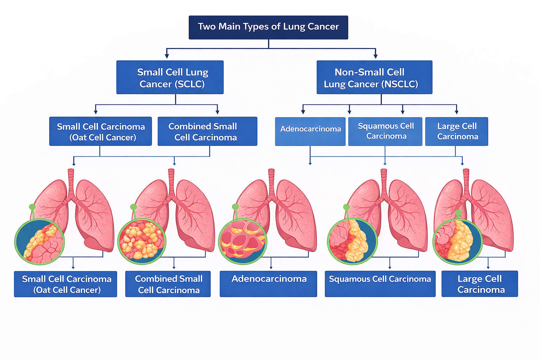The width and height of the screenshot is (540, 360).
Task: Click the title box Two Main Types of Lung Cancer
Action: [x=268, y=27]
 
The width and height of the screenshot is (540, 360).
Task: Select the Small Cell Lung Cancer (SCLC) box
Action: [x=170, y=77]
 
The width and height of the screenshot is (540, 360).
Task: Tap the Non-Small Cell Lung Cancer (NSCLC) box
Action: [x=374, y=77]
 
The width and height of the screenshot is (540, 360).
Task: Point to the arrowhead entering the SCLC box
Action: [x=167, y=56]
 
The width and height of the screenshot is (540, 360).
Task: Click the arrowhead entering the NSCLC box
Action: [x=375, y=56]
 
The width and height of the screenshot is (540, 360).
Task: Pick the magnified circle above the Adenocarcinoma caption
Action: [x=243, y=242]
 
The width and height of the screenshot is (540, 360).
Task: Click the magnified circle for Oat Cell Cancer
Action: [x=39, y=242]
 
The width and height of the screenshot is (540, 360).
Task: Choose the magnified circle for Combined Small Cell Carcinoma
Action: [x=142, y=242]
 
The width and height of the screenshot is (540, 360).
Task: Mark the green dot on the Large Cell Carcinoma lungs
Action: [x=458, y=213]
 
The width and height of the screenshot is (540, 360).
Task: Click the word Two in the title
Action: [x=206, y=27]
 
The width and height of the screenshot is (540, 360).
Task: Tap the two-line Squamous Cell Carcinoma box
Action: [x=385, y=131]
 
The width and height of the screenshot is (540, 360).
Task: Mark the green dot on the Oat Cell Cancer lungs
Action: [x=32, y=207]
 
